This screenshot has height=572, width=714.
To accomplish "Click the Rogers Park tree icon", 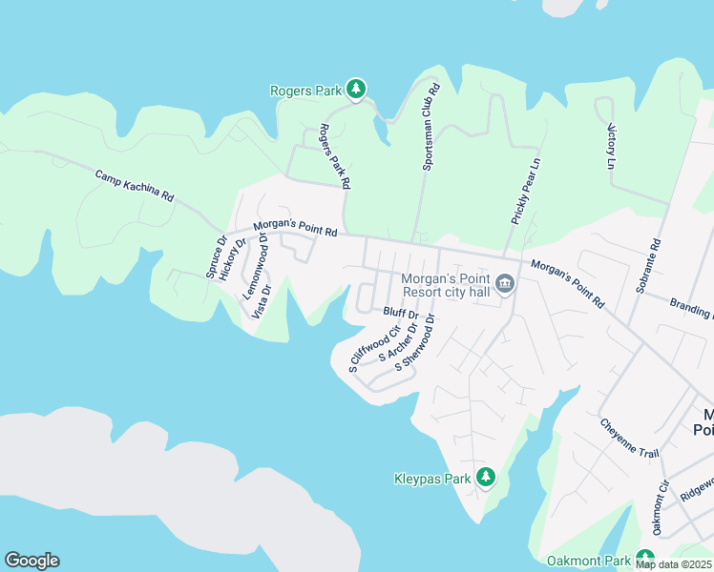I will click(356, 90).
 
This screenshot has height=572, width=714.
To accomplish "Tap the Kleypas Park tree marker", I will click(486, 476).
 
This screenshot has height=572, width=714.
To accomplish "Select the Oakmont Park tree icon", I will click(645, 559).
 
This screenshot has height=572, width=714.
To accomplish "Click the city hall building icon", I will click(505, 284).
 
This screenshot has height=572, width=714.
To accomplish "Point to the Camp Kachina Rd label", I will click(135, 185).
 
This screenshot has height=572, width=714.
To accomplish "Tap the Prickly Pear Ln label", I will click(526, 190).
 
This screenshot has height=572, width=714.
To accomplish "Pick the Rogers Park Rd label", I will click(335, 155).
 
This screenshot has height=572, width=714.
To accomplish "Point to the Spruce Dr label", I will click(216, 257).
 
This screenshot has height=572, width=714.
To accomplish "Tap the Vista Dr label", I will click(262, 300).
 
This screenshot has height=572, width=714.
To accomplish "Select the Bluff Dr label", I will click(401, 313).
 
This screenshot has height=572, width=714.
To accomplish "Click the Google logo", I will click(31, 561).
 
